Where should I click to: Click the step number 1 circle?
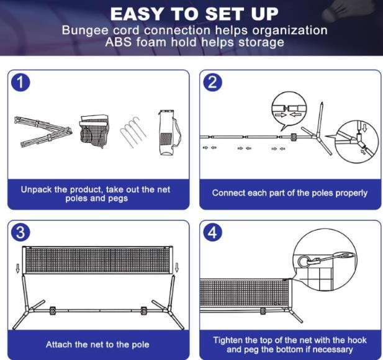[20, 83]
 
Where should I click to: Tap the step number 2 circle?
[212, 83]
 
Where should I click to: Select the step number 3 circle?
[20, 232]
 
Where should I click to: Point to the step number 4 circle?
[212, 232]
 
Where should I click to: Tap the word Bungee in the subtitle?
[85, 31]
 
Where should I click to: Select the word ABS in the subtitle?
[118, 42]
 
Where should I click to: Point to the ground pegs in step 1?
[133, 132]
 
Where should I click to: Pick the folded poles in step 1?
[43, 132]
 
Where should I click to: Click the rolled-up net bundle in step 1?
[94, 130]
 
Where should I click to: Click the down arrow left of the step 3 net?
[17, 268]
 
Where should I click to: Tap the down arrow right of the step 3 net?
[177, 267]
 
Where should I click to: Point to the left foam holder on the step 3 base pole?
[53, 311]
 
